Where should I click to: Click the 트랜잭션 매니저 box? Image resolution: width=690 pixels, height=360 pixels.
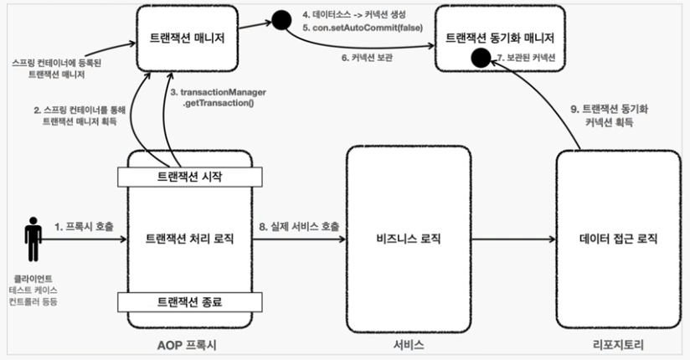(188, 38)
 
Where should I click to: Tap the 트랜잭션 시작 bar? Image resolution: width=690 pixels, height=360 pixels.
(189, 177)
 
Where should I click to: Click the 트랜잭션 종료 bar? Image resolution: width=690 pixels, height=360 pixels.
(189, 301)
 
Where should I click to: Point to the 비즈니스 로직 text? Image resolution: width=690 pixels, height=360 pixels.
(408, 239)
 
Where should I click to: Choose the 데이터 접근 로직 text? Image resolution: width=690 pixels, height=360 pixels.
(619, 239)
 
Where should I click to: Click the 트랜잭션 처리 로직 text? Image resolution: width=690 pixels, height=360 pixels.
(189, 239)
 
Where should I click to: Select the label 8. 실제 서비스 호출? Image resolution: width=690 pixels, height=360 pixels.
(298, 227)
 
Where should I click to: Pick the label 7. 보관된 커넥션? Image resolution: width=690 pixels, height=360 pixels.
(528, 58)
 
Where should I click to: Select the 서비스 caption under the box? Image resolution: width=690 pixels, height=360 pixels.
(408, 344)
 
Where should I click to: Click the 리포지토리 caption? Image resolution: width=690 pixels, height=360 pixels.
(618, 344)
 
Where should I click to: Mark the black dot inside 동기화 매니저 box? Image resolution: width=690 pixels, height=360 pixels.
(481, 58)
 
